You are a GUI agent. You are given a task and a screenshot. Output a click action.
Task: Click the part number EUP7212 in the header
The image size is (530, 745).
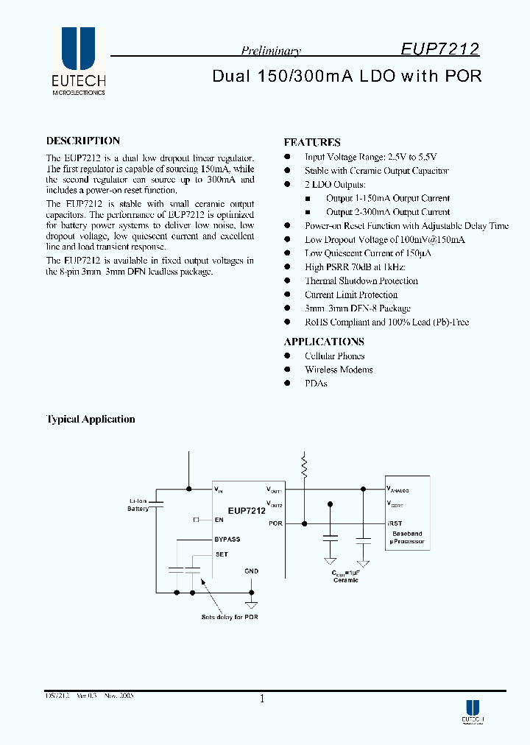click(440, 49)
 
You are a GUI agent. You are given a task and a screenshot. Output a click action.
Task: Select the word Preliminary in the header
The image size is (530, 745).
click(271, 51)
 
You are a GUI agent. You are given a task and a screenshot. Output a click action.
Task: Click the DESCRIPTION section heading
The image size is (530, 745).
click(83, 141)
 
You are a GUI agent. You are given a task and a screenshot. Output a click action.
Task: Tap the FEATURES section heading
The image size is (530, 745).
click(312, 142)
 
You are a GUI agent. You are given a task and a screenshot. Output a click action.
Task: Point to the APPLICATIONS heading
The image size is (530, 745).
click(324, 342)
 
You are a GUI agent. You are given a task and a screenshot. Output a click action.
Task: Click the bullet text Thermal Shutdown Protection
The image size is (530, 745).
click(361, 280)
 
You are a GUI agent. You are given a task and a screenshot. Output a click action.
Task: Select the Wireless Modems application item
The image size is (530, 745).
click(339, 370)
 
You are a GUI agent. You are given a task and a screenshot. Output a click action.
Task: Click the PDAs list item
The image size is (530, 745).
click(316, 384)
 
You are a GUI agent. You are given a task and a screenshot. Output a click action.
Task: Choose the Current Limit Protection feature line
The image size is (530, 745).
click(351, 294)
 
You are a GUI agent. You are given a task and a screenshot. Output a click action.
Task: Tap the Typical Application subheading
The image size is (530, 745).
click(91, 419)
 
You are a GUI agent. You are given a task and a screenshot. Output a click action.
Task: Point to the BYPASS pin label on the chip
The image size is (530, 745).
click(227, 540)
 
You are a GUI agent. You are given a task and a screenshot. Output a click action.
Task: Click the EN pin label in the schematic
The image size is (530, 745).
click(219, 520)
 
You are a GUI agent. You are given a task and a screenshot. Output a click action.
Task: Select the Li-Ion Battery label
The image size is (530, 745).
click(138, 505)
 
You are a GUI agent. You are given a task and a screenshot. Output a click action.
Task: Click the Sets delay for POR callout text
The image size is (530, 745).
click(230, 617)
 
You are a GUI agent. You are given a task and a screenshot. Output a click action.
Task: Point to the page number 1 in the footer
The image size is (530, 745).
click(262, 699)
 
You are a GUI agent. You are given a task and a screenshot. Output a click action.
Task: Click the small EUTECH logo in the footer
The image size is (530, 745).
click(473, 710)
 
